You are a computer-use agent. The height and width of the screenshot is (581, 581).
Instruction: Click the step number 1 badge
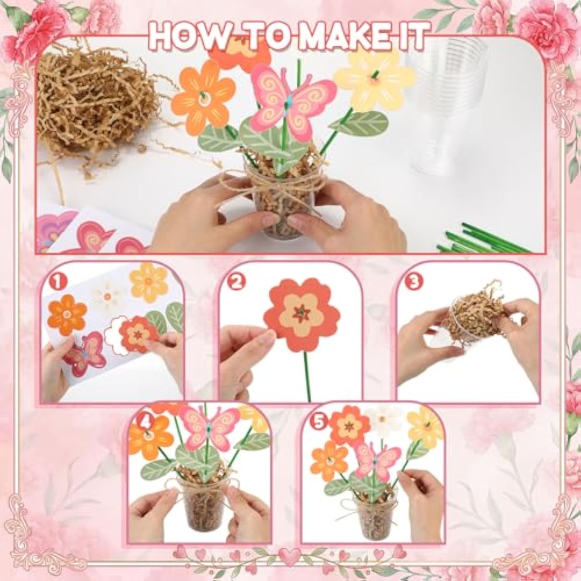[58, 283]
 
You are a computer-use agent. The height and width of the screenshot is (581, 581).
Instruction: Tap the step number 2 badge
[237, 283]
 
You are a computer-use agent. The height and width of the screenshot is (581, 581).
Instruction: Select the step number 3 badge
[414, 283]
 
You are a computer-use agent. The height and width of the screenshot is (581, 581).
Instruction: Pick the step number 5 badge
[319, 423]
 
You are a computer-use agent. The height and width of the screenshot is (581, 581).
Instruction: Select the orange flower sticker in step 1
[67, 315]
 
